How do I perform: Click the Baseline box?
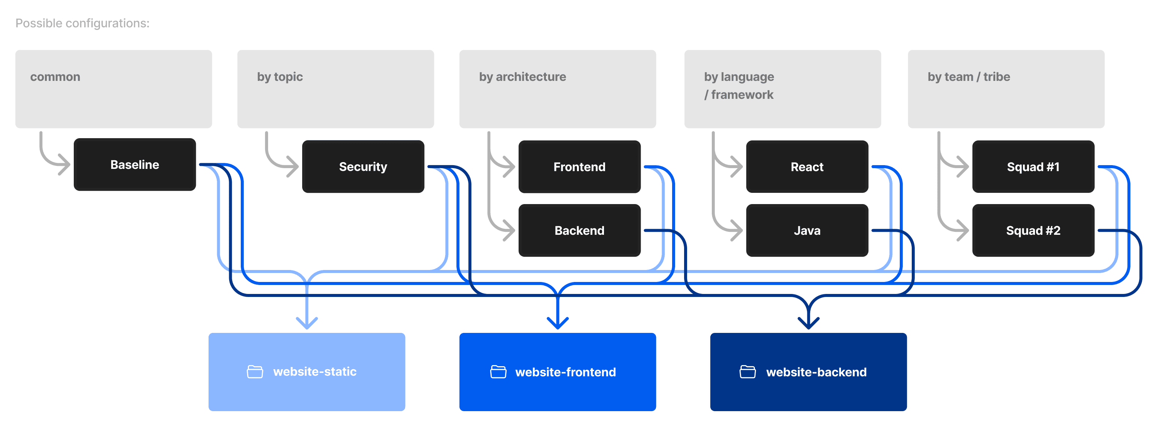pyautogui.click(x=135, y=164)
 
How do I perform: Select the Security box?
pyautogui.click(x=363, y=167)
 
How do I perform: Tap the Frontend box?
pyautogui.click(x=579, y=167)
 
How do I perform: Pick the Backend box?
pyautogui.click(x=579, y=230)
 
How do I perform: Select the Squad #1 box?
pyautogui.click(x=1033, y=167)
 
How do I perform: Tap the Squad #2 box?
pyautogui.click(x=1033, y=230)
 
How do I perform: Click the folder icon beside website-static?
pyautogui.click(x=255, y=372)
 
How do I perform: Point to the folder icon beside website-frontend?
pyautogui.click(x=498, y=372)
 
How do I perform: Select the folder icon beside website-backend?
pyautogui.click(x=747, y=372)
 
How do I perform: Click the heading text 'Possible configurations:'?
pyautogui.click(x=82, y=23)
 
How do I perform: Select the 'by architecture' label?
pyautogui.click(x=522, y=77)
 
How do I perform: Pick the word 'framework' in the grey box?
pyautogui.click(x=742, y=95)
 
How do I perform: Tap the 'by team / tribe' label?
pyautogui.click(x=969, y=77)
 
